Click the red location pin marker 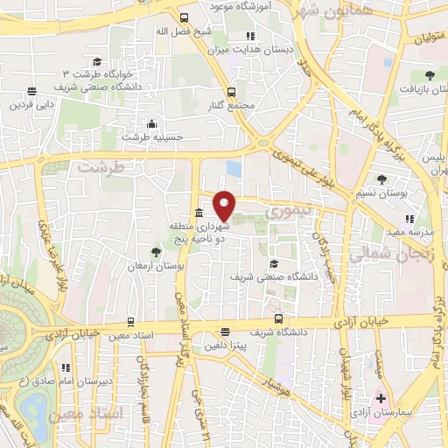pyautogui.click(x=225, y=205)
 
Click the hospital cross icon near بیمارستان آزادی pyautogui.click(x=381, y=398)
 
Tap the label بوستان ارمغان pyautogui.click(x=156, y=264)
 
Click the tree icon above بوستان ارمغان pyautogui.click(x=157, y=252)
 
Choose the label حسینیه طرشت pyautogui.click(x=151, y=136)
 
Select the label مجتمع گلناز pyautogui.click(x=232, y=105)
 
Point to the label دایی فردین pyautogui.click(x=31, y=104)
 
